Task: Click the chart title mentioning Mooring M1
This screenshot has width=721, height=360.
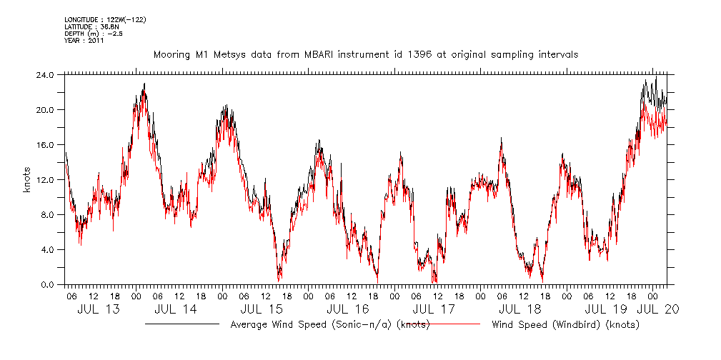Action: (365, 54)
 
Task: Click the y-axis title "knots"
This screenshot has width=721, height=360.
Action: (26, 179)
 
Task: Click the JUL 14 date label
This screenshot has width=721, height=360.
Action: (175, 309)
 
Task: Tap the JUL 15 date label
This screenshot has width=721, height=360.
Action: (262, 309)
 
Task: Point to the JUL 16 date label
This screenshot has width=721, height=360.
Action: (347, 309)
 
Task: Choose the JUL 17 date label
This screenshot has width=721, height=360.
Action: (434, 309)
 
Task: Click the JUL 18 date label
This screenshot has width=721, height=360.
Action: (519, 309)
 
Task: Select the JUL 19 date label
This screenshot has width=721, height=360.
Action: (606, 309)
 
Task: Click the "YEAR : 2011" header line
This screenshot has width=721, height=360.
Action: (84, 40)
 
